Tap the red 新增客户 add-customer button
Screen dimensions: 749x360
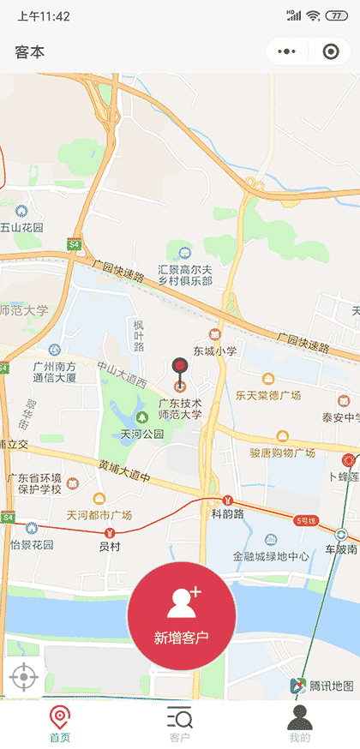(181, 615)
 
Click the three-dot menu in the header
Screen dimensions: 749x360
(287, 51)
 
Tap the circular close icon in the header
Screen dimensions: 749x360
(330, 51)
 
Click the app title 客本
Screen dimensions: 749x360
(29, 52)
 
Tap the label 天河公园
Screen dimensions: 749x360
(141, 434)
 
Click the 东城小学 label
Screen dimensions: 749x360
(214, 351)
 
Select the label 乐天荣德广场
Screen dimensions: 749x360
(268, 395)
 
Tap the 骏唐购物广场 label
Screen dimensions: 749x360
(282, 452)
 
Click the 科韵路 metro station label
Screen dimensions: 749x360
(227, 514)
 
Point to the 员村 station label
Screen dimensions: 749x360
(110, 545)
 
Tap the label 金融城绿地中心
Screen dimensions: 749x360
(271, 556)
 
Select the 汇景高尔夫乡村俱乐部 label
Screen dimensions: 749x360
(185, 274)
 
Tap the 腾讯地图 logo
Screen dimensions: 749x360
(323, 685)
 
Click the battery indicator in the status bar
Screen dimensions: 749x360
(332, 15)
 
